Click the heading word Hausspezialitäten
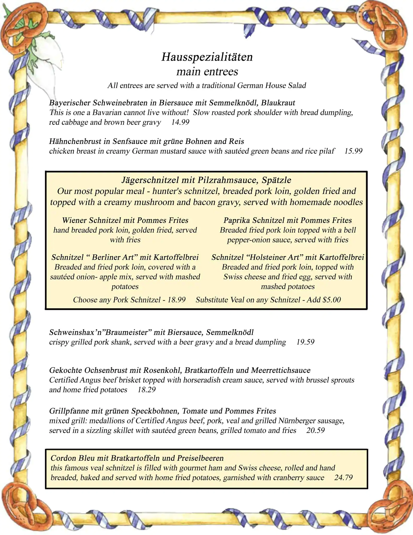207,57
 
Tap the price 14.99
180,122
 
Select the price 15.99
353,151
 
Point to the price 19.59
305,342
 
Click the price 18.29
147,390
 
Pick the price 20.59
315,430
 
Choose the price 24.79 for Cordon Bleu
343,478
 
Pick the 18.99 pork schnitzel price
176,300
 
